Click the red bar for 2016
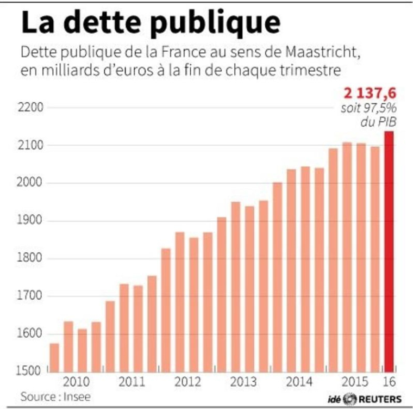coord(389,251)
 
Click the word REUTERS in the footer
coord(379,398)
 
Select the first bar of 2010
coord(55,357)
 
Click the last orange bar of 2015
coord(374,259)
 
